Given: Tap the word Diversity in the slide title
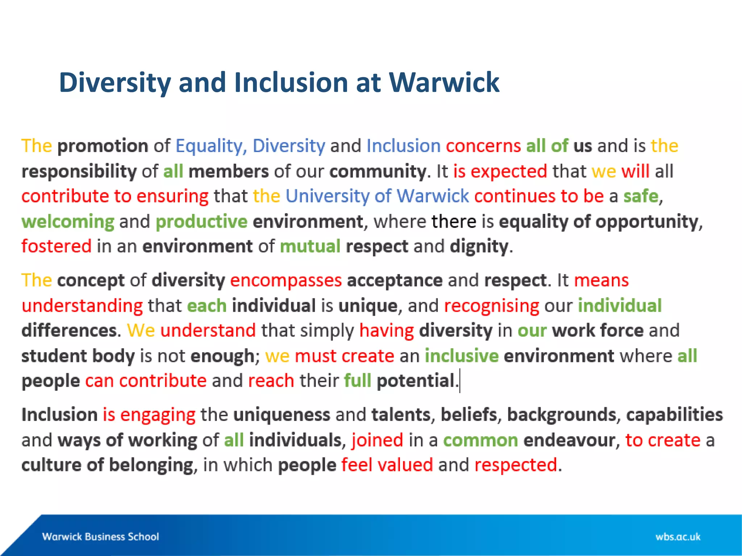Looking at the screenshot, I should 114,83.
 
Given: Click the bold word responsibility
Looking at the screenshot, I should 79,171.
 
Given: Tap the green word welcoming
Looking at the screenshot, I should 68,221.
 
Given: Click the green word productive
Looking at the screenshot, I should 201,221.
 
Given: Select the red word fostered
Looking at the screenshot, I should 56,246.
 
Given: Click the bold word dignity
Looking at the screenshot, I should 479,247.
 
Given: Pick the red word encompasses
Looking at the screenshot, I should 286,280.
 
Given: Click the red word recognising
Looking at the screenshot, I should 492,306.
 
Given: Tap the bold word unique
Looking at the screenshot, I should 368,306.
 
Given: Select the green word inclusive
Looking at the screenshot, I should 462,356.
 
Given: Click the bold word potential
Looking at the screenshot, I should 415,381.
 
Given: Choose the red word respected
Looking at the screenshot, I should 516,465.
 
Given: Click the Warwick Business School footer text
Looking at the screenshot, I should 100,536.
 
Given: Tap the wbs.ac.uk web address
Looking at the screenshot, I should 678,536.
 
